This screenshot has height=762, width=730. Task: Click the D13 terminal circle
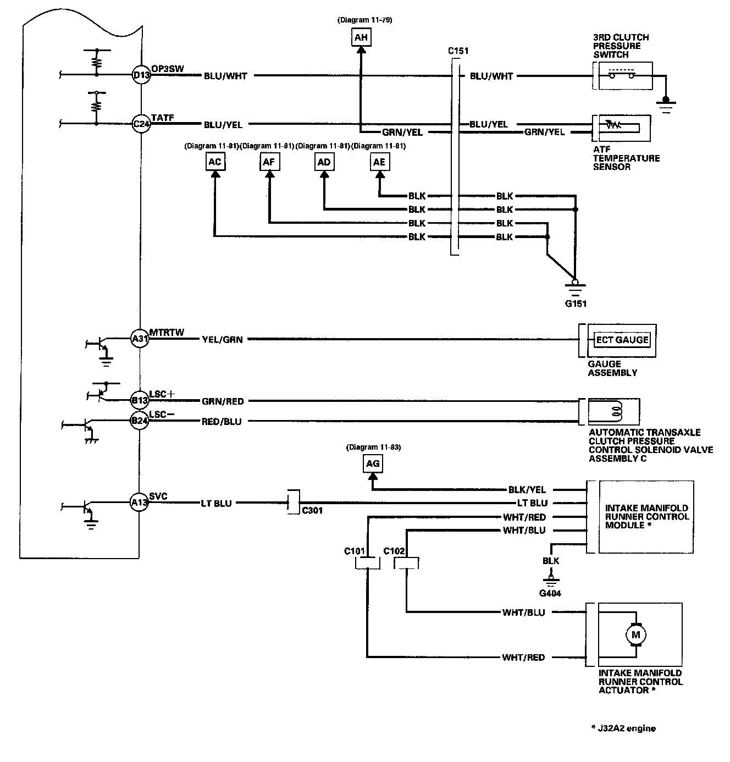141,75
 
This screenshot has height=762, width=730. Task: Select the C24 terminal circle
141,124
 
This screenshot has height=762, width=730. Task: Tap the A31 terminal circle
140,338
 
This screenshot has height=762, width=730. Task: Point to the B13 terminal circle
139,400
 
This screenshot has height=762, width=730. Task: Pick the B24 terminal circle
139,421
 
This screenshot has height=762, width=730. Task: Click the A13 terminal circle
139,503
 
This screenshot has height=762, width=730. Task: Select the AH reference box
361,37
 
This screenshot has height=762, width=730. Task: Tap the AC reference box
215,162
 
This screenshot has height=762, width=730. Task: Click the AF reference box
269,162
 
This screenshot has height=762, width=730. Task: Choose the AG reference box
373,463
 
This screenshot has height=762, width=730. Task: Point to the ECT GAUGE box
622,340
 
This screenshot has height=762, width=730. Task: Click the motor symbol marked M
635,635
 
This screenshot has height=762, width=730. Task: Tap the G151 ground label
576,303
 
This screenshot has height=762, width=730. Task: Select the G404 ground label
550,593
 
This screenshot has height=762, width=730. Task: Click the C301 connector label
312,511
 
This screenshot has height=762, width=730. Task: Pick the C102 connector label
394,551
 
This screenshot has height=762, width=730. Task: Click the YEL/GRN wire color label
222,340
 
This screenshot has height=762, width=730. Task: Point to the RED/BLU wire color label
222,422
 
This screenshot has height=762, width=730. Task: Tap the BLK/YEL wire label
527,489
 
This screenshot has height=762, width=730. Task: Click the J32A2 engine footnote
623,728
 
